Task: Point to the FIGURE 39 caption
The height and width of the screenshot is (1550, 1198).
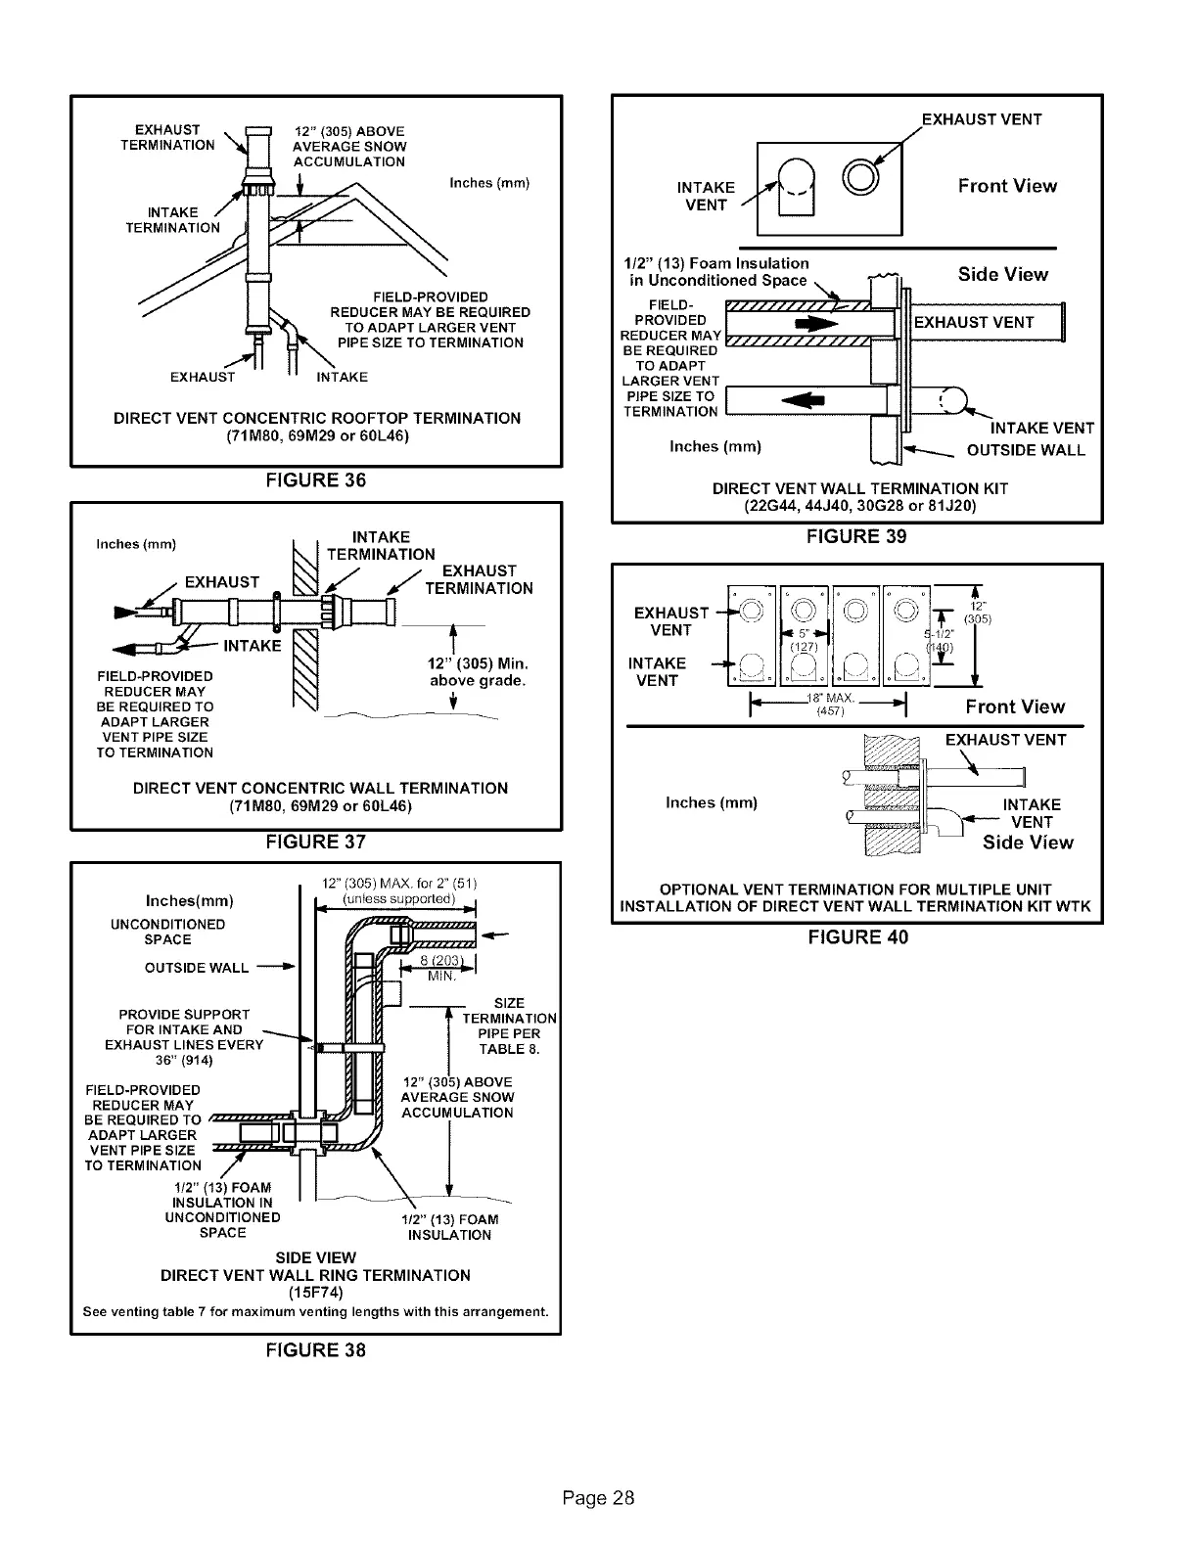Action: tap(856, 536)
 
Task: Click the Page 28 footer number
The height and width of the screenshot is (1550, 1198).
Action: tap(599, 1498)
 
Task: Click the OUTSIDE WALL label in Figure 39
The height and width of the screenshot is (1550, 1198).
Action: tap(1026, 451)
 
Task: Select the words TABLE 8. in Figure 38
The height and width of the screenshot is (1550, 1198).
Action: tap(509, 1050)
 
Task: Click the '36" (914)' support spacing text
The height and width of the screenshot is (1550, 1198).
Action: tap(183, 1060)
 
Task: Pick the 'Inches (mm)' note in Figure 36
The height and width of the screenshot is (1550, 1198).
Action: tap(488, 182)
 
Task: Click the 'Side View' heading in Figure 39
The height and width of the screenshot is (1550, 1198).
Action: tap(1002, 274)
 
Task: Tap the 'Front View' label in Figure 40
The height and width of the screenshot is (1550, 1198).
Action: tap(1014, 707)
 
